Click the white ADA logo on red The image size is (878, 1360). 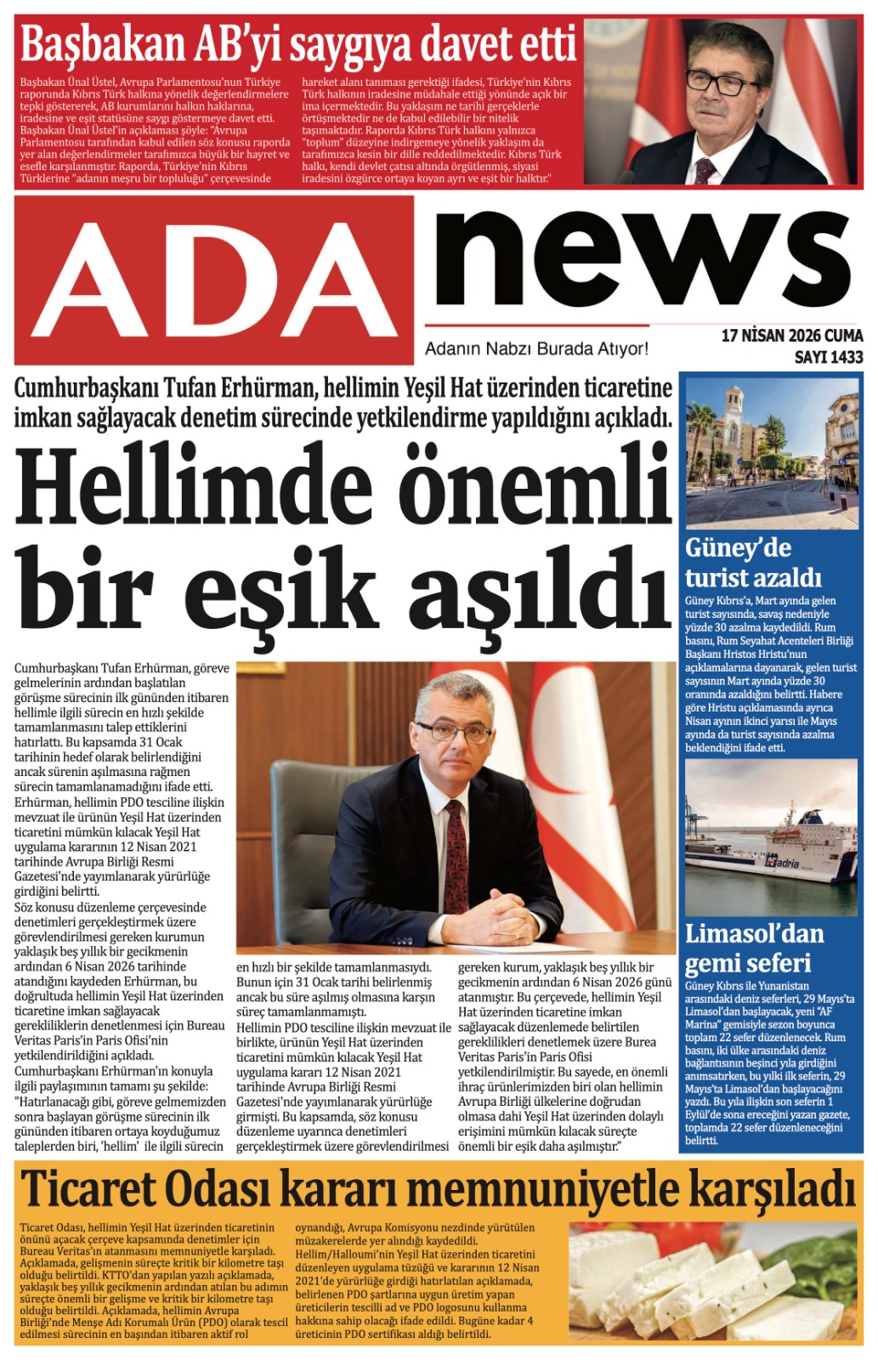pyautogui.click(x=214, y=281)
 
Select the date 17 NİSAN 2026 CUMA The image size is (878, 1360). pyautogui.click(x=791, y=336)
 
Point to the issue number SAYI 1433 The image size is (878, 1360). pyautogui.click(x=828, y=358)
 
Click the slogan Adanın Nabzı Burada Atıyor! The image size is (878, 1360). pyautogui.click(x=536, y=348)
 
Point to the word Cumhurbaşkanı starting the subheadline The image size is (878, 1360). pyautogui.click(x=86, y=389)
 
